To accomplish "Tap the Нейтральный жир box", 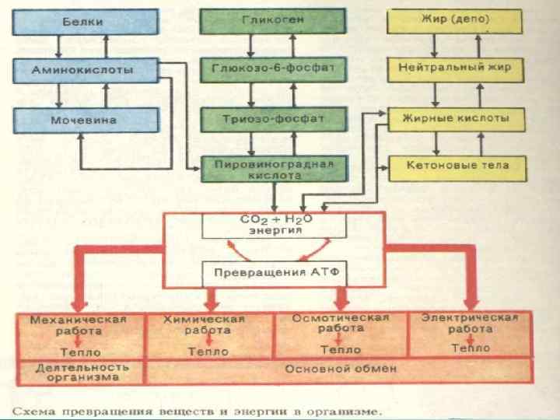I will pyautogui.click(x=454, y=68).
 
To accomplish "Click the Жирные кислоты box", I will pyautogui.click(x=454, y=119).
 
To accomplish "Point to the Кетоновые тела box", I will pyautogui.click(x=454, y=166).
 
